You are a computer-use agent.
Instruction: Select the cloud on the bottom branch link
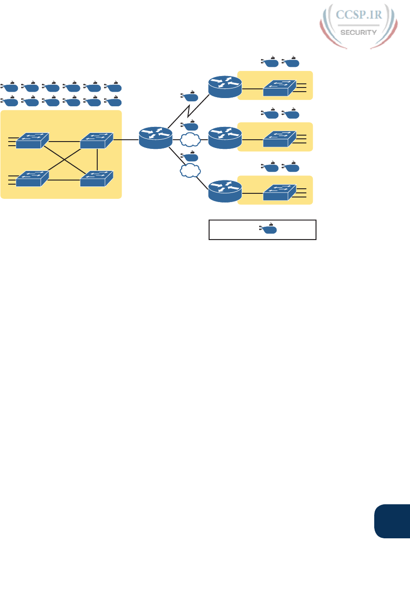point(191,171)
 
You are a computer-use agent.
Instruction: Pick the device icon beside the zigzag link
point(189,97)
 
